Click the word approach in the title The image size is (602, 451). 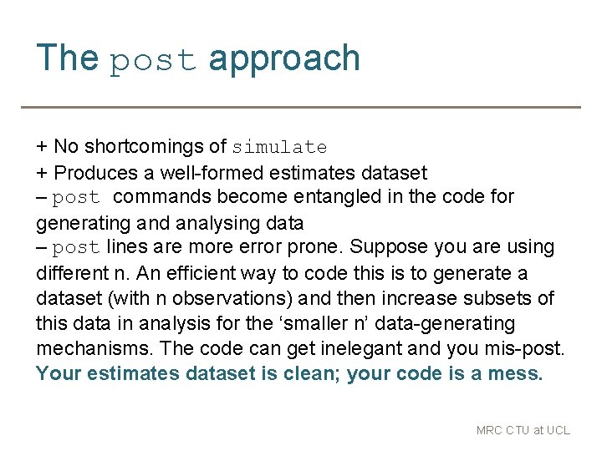[x=284, y=59]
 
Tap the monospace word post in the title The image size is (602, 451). [x=154, y=60]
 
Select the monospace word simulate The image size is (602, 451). [x=279, y=148]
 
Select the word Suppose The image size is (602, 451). [x=381, y=247]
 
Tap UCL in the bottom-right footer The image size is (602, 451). [x=557, y=431]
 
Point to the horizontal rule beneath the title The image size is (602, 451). [x=301, y=107]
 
